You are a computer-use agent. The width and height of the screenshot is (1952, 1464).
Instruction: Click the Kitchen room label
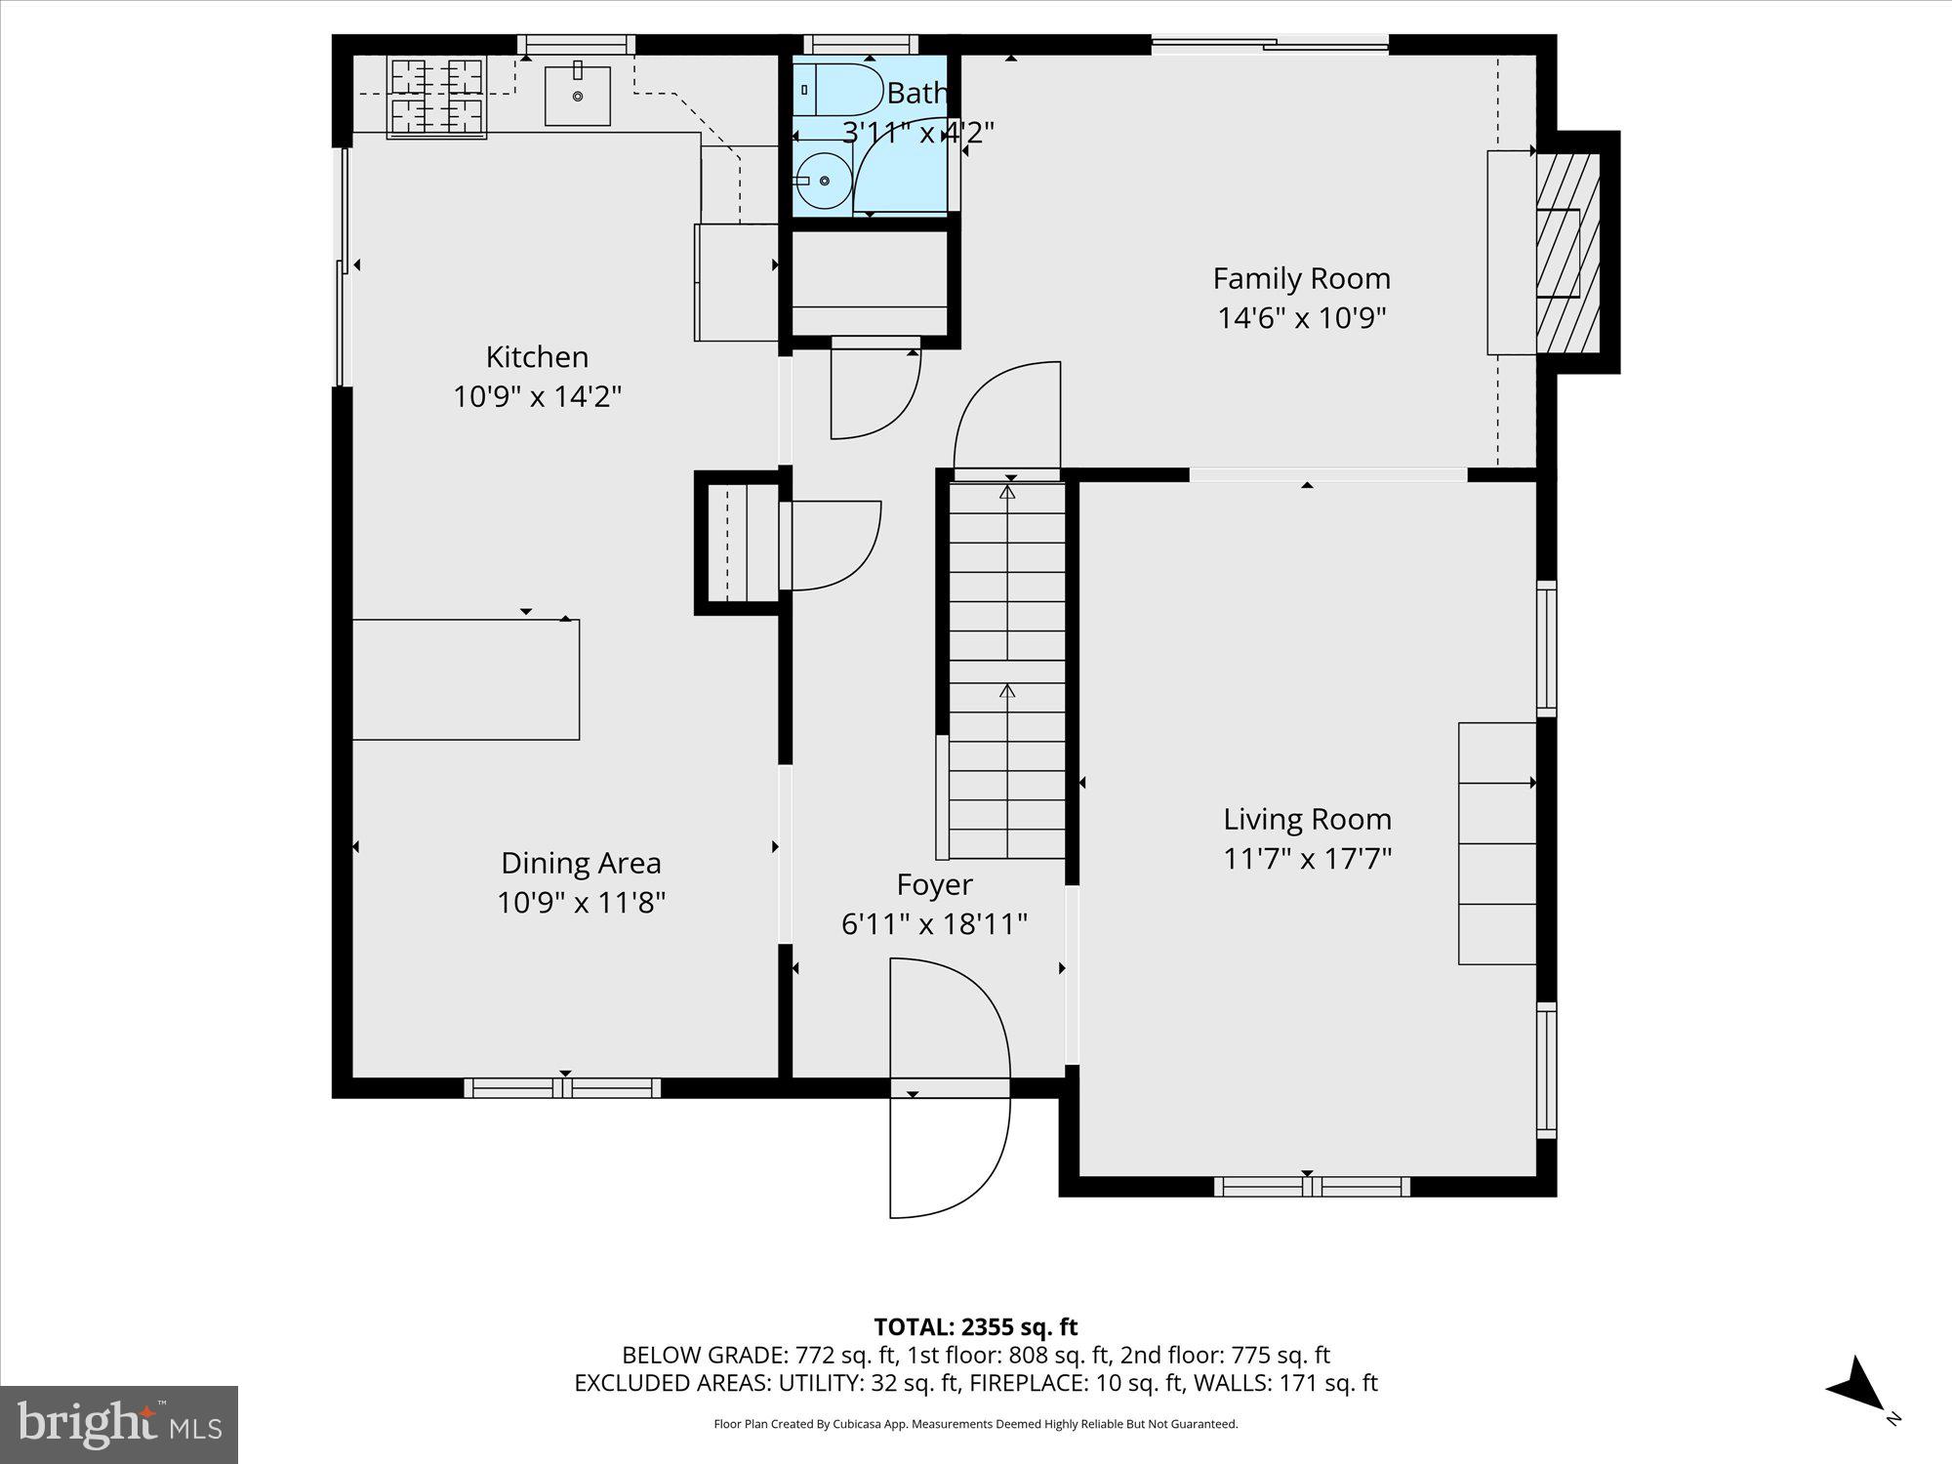[x=537, y=357]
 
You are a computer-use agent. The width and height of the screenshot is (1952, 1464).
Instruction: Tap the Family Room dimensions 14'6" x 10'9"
[x=1301, y=318]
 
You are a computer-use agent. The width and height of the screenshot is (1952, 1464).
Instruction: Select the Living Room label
[x=1307, y=819]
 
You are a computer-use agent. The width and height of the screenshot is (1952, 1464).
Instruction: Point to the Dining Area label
[x=581, y=863]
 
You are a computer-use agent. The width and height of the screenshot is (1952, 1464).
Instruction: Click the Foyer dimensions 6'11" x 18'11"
[x=934, y=923]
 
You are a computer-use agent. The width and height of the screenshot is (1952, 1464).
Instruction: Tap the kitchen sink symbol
[x=577, y=96]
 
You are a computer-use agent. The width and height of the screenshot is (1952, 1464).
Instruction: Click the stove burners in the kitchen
[x=437, y=97]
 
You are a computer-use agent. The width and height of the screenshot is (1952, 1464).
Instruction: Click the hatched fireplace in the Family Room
[x=1568, y=253]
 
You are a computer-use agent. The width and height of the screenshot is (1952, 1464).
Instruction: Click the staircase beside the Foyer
[x=1007, y=673]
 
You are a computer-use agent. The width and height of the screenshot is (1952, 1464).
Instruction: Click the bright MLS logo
[x=119, y=1425]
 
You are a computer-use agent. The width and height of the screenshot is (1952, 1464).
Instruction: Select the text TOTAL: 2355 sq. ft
[x=975, y=1327]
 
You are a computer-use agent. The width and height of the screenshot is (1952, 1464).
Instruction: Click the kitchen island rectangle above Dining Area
[x=466, y=679]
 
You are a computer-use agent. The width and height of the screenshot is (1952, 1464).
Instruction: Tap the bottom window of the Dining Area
[x=562, y=1087]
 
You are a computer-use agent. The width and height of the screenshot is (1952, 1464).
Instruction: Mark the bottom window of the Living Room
[x=1311, y=1186]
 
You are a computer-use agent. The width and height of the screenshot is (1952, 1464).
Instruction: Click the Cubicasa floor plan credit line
[x=975, y=1424]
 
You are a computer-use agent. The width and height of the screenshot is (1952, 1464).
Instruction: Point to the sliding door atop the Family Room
[x=1270, y=43]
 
